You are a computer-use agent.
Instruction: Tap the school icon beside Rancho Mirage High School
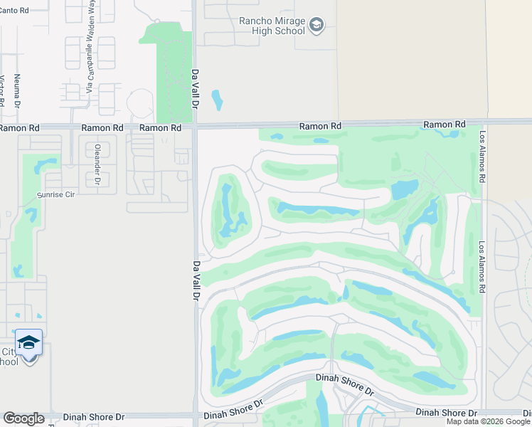(x=317, y=26)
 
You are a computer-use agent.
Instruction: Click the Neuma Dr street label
(x=17, y=88)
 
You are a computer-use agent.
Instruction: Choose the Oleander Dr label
(x=96, y=165)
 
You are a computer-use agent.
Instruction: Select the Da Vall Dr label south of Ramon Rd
(x=196, y=281)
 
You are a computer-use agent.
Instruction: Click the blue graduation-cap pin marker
(x=28, y=344)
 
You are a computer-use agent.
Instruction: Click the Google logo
(x=23, y=418)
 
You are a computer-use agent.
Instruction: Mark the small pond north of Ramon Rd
(x=217, y=100)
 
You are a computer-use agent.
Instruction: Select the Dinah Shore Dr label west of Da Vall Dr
(x=94, y=417)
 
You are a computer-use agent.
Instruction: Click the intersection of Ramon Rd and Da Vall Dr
(x=195, y=127)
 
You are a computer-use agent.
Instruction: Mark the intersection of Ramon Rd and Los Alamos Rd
(x=483, y=122)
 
